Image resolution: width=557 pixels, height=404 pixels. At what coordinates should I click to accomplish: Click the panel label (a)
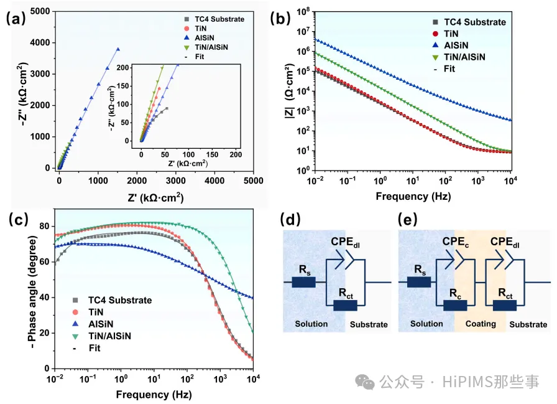tap(16, 18)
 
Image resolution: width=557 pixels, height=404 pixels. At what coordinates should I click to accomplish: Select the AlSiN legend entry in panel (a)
tap(205, 37)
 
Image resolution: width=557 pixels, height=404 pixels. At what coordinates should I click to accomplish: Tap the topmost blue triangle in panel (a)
tap(118, 49)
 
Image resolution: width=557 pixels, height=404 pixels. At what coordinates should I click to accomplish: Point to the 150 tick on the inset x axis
tap(212, 153)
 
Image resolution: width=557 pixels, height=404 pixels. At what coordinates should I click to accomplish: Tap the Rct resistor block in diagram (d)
tap(345, 305)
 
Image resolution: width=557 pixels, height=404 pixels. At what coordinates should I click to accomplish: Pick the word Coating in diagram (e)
tap(481, 324)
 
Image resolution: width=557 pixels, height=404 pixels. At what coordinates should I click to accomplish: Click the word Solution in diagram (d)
tap(311, 324)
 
